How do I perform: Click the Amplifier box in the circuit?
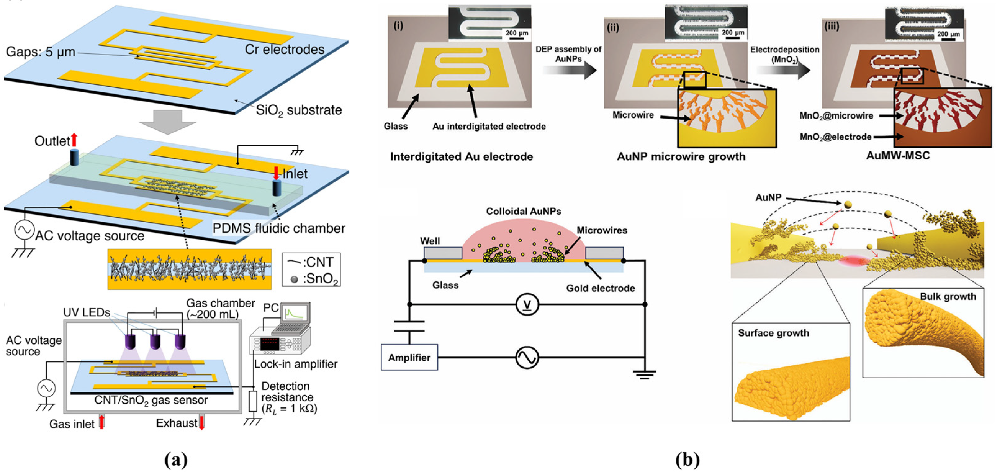[x=409, y=357]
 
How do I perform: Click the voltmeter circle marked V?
[x=527, y=305]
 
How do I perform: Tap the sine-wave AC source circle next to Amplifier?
[x=527, y=357]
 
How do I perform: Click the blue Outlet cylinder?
[x=74, y=158]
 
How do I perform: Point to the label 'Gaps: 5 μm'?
[x=41, y=52]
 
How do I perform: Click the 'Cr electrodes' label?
[x=285, y=49]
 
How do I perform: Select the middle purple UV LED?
[x=155, y=342]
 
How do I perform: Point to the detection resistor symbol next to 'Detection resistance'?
[x=253, y=401]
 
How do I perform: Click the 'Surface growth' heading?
[x=773, y=333]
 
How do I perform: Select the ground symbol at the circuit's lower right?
[x=644, y=374]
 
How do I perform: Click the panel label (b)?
[x=687, y=460]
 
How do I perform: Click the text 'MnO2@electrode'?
[x=835, y=137]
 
